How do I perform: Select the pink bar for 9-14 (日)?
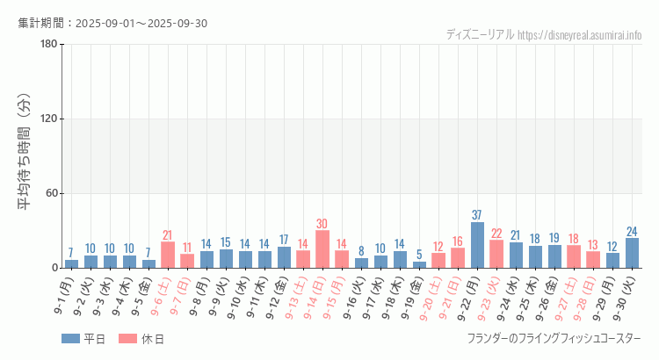pyautogui.click(x=322, y=249)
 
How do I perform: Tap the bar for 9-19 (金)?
pyautogui.click(x=419, y=264)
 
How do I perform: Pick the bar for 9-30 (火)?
pyautogui.click(x=632, y=253)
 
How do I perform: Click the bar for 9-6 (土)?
pyautogui.click(x=168, y=255)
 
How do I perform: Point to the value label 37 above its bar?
pyautogui.click(x=477, y=215)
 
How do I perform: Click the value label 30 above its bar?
pyautogui.click(x=322, y=224)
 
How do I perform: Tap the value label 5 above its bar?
pyautogui.click(x=419, y=255)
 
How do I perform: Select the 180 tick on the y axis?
pyautogui.click(x=48, y=45)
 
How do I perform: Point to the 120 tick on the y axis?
pyautogui.click(x=48, y=119)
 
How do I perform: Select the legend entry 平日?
pyautogui.click(x=83, y=339)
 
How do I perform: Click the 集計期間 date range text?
pyautogui.click(x=112, y=23)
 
